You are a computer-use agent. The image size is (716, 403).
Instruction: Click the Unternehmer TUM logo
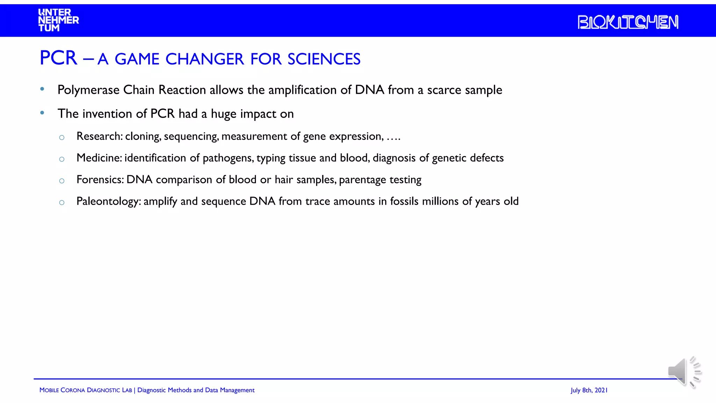[58, 20]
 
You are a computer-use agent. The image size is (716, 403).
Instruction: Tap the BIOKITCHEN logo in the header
[628, 22]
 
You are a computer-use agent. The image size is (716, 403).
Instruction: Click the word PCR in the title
[58, 58]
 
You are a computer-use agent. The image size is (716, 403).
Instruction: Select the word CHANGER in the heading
[204, 59]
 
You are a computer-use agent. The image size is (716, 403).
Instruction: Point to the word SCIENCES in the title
[324, 59]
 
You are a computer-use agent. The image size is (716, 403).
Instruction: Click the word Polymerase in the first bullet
[88, 90]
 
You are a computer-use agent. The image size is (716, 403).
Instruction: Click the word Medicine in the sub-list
[99, 158]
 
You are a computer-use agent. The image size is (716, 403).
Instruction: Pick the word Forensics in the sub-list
[100, 179]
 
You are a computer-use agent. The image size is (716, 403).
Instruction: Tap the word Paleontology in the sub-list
[108, 201]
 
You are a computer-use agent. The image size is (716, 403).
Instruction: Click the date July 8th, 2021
[589, 390]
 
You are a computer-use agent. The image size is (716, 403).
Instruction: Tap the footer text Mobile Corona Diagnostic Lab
[86, 390]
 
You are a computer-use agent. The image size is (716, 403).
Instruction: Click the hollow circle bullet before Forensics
[62, 181]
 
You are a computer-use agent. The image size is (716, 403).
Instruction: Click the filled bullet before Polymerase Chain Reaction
[42, 89]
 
